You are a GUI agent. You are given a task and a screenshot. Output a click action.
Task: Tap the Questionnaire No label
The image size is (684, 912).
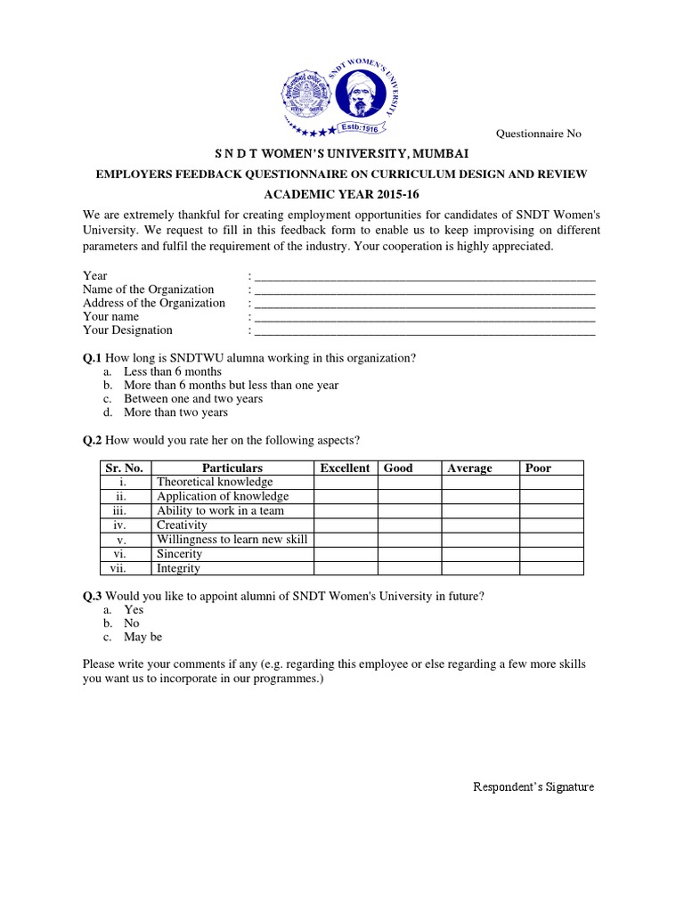click(538, 134)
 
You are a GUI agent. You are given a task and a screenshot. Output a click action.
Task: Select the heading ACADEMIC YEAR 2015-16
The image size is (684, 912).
click(342, 192)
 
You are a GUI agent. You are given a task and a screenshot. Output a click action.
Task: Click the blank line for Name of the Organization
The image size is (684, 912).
click(424, 289)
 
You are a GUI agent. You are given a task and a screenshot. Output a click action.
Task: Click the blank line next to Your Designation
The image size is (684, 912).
click(424, 330)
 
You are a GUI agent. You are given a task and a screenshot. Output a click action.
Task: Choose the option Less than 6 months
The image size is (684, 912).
click(173, 371)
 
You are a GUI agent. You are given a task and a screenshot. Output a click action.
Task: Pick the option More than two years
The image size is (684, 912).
click(175, 412)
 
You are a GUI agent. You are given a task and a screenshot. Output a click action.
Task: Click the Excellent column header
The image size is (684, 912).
click(345, 468)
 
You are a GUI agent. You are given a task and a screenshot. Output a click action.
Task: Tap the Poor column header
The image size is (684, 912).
click(539, 468)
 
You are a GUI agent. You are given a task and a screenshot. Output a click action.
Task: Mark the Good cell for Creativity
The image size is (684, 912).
click(409, 525)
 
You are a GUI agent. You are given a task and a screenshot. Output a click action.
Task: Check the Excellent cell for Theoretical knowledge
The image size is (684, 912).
click(345, 482)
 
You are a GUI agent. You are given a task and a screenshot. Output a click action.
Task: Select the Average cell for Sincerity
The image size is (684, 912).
click(480, 554)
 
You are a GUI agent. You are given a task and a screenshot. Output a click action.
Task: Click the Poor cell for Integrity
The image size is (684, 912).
click(551, 568)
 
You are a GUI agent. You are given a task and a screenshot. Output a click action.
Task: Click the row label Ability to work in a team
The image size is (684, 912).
click(220, 511)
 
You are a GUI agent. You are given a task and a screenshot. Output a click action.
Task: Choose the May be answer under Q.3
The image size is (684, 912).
click(143, 637)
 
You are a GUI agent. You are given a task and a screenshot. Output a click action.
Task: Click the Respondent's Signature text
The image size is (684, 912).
click(533, 787)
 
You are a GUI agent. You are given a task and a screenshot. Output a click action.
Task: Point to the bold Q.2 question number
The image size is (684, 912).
click(93, 440)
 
